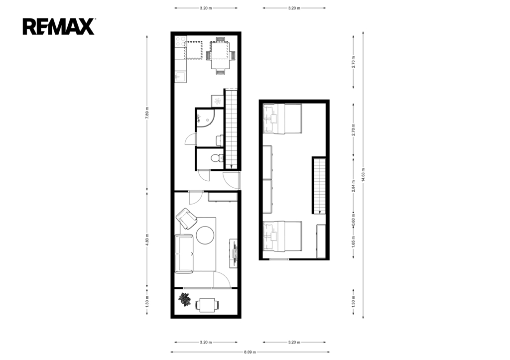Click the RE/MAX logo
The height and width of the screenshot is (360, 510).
point(59,27)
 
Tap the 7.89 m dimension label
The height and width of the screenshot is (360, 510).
point(147,113)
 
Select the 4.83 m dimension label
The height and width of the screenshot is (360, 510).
point(147,240)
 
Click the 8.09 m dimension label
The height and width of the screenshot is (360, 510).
point(250,352)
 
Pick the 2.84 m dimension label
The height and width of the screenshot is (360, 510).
point(353,186)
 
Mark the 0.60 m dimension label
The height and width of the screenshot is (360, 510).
point(353,219)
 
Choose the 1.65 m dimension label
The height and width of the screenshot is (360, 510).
point(353,242)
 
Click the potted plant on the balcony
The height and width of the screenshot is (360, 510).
point(185,299)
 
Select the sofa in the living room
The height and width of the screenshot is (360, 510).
point(184,253)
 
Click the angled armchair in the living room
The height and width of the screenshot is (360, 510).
point(186,218)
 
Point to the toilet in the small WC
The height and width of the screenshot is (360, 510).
point(216,159)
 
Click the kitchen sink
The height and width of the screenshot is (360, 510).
point(180,77)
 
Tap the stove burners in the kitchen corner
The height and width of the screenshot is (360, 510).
point(180,42)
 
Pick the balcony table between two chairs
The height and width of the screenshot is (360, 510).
point(207,305)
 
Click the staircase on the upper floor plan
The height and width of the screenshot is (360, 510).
point(319,185)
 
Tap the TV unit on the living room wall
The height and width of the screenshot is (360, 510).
point(234,253)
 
